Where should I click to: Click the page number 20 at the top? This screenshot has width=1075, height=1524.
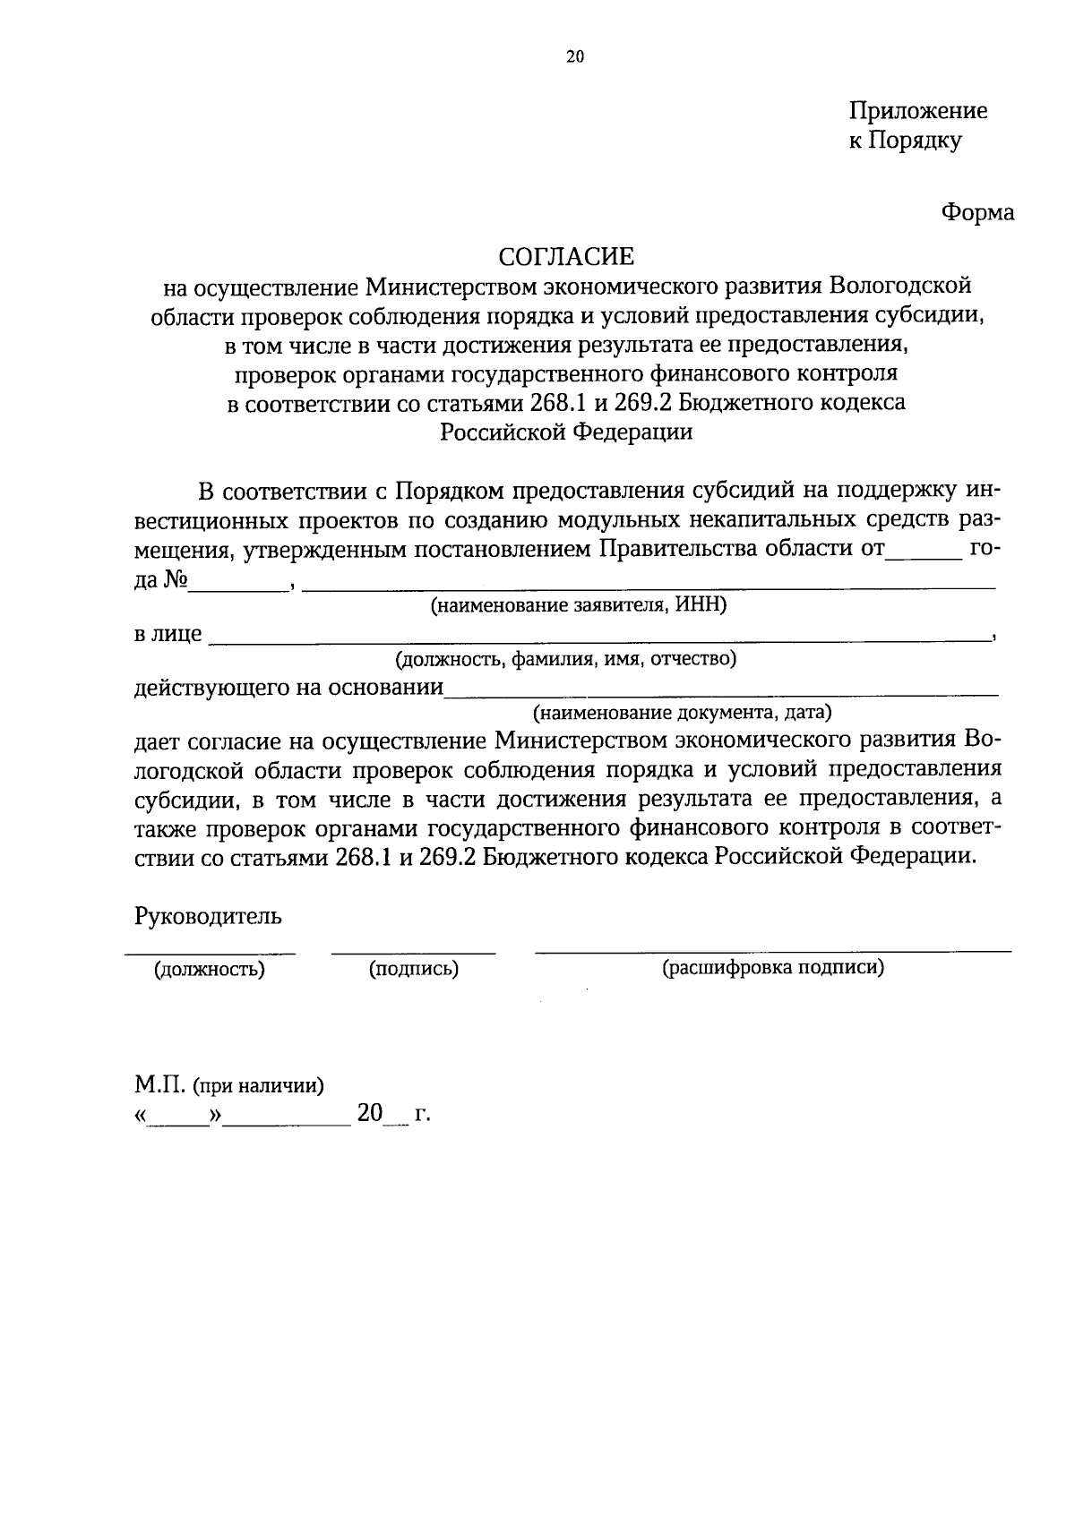(574, 57)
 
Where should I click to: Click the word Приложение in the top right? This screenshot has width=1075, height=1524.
(918, 111)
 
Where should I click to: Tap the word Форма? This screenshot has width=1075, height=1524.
(977, 213)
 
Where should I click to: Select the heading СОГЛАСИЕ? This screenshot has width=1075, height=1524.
(566, 257)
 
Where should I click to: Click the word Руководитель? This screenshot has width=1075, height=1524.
(208, 916)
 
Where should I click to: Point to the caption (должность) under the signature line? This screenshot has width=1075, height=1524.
(210, 969)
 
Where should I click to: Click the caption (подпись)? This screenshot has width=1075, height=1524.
(414, 969)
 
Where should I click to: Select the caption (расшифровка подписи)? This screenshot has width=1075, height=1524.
(773, 968)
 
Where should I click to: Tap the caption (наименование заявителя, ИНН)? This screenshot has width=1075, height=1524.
(579, 606)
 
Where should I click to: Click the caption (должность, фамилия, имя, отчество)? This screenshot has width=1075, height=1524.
(566, 660)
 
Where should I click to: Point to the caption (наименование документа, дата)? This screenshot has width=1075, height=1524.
(683, 714)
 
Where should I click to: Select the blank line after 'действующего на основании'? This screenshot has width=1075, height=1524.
(720, 693)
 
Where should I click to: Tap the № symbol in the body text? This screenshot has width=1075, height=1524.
(175, 580)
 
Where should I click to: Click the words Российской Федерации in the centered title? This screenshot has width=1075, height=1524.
(566, 432)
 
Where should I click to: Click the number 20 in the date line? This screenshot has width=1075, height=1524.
(369, 1114)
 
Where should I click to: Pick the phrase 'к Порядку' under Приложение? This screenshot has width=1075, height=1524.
(906, 141)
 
